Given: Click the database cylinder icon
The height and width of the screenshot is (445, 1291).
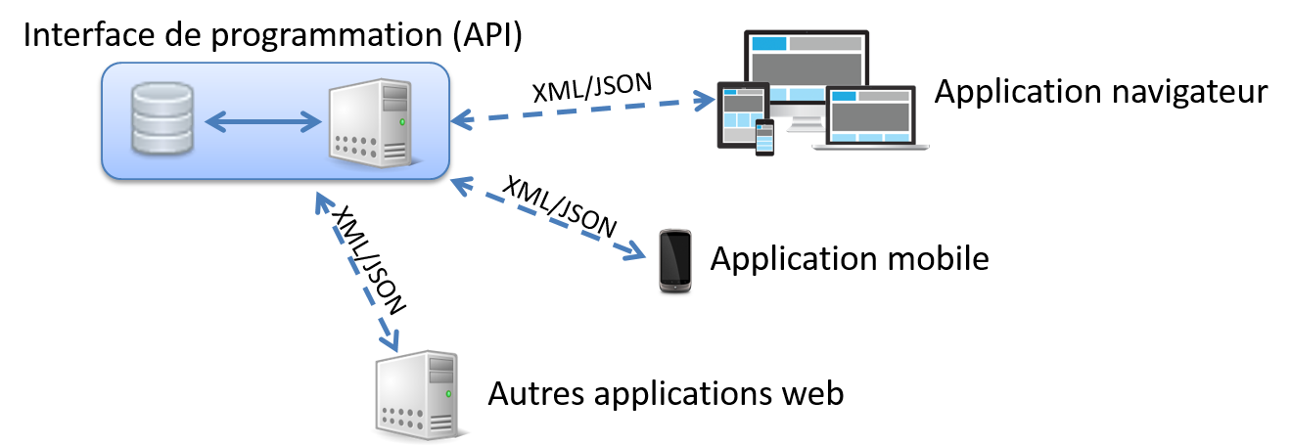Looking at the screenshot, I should click(162, 118).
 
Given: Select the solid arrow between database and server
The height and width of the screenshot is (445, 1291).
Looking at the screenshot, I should click(263, 121).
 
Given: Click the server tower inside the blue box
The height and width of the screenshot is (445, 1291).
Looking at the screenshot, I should click(369, 122).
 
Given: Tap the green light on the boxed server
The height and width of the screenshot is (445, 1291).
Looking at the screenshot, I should click(402, 122).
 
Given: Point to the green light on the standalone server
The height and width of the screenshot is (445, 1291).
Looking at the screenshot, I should click(449, 393).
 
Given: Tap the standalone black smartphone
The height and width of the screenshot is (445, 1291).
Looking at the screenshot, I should click(675, 260).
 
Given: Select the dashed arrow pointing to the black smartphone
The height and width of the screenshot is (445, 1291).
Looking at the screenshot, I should click(548, 219).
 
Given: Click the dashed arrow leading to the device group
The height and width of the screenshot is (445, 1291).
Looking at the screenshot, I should click(583, 110).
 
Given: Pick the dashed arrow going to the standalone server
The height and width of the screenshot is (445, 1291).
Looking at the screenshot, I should click(357, 272).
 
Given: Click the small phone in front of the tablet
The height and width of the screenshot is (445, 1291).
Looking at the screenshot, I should click(764, 137).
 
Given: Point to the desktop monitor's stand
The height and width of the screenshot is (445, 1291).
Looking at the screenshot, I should click(805, 123).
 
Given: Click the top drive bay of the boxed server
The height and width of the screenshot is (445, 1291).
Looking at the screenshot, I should click(394, 92).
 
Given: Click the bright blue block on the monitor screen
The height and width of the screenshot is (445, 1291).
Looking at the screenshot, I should click(769, 44).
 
